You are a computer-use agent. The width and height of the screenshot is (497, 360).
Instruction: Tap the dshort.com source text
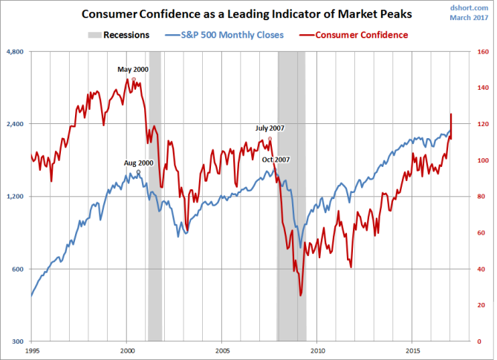[x=471, y=7]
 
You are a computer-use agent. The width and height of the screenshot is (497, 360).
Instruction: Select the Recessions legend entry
[x=118, y=34]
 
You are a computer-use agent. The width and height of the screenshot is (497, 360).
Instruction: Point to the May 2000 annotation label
[x=134, y=69]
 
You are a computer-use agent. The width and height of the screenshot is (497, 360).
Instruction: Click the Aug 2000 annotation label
[x=137, y=163]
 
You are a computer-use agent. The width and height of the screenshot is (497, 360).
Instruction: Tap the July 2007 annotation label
[x=270, y=128]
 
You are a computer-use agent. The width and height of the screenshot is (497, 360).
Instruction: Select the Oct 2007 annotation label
[x=276, y=160]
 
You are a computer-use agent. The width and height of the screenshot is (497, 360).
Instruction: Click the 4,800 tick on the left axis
[x=16, y=51]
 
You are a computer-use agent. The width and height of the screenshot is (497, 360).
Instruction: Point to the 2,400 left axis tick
[x=16, y=124]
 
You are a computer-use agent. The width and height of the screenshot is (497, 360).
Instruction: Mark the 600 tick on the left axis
[x=19, y=269]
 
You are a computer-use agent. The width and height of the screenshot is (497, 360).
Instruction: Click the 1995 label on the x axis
[x=32, y=349]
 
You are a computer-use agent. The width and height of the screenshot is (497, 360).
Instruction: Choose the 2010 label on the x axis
[x=318, y=349]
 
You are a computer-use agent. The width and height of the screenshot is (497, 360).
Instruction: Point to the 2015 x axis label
[x=413, y=349]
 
